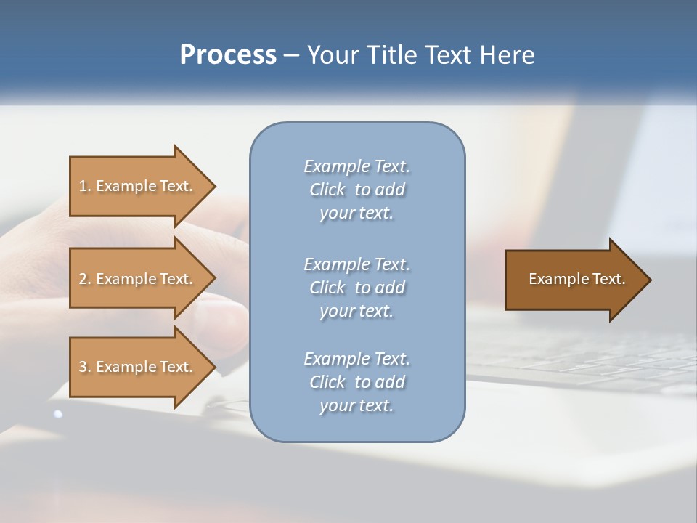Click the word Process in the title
pos(228,55)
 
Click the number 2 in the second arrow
pos(83,279)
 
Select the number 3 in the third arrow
pos(83,367)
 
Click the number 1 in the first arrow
pos(83,186)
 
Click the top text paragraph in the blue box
pos(356,190)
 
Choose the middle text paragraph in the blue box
pos(356,288)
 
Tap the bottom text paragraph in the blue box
pos(356,382)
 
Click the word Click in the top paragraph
pos(327,190)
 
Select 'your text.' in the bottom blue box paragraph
pos(356,405)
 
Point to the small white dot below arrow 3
pos(58,414)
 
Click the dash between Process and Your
pos(292,56)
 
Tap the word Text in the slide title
pos(449,55)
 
